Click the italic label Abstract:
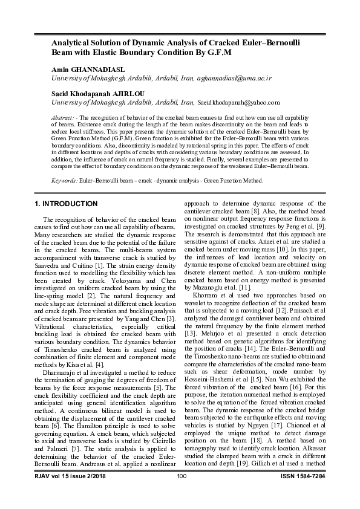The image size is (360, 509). point(62,115)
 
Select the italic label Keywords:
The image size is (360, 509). point(64,180)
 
